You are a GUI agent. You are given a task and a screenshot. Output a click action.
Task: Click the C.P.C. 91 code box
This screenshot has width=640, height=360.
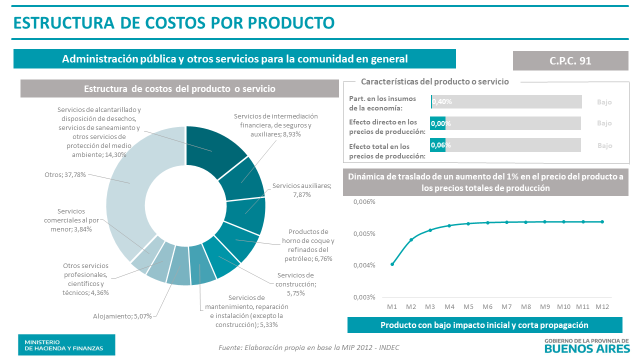(x=570, y=60)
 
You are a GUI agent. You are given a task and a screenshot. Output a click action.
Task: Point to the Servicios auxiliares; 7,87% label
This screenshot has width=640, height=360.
(x=301, y=190)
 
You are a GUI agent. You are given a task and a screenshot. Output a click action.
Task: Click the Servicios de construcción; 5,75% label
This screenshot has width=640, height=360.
(x=295, y=284)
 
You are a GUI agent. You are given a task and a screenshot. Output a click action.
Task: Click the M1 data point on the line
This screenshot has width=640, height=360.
(x=392, y=264)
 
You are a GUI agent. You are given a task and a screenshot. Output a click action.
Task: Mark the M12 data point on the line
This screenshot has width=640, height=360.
(x=602, y=221)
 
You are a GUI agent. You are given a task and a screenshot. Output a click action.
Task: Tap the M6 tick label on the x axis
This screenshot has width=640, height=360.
(x=487, y=306)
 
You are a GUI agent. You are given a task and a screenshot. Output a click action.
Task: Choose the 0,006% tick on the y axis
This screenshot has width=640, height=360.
(x=364, y=202)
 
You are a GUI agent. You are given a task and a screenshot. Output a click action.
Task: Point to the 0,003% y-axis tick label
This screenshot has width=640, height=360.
(x=364, y=297)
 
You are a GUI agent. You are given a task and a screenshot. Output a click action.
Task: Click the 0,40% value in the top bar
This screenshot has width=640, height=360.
(x=442, y=101)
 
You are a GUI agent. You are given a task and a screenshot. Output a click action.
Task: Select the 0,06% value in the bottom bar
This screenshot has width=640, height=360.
(x=440, y=145)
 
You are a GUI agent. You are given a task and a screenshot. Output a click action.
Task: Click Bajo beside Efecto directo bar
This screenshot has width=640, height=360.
(x=604, y=123)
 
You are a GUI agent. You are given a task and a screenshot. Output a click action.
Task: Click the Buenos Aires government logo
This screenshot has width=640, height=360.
(x=586, y=345)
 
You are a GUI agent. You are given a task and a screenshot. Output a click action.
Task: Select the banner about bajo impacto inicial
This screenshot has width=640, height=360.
(x=484, y=325)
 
